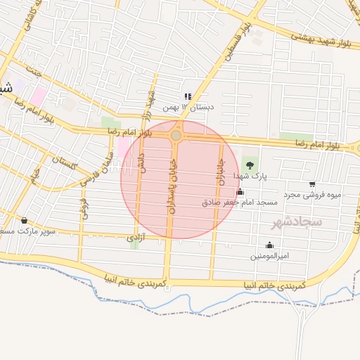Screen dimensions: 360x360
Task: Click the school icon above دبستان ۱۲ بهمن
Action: [187, 96]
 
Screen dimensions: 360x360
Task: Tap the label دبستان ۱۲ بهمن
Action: [187, 107]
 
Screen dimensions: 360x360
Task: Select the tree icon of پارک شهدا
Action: [250, 165]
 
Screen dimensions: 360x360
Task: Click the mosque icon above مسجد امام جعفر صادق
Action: [240, 192]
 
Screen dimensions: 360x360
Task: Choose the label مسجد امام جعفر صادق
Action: [240, 202]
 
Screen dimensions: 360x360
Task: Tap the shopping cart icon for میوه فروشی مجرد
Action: [312, 184]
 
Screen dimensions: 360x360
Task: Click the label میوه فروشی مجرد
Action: [311, 194]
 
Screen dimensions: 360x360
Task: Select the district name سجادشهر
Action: [296, 221]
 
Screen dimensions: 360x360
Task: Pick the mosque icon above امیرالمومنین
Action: [269, 245]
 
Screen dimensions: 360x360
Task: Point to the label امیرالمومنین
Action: [269, 255]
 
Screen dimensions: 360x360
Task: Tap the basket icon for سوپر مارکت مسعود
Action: [25, 221]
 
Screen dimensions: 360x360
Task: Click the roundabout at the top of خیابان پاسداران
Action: [176, 135]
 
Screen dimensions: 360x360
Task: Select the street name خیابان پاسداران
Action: [170, 184]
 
